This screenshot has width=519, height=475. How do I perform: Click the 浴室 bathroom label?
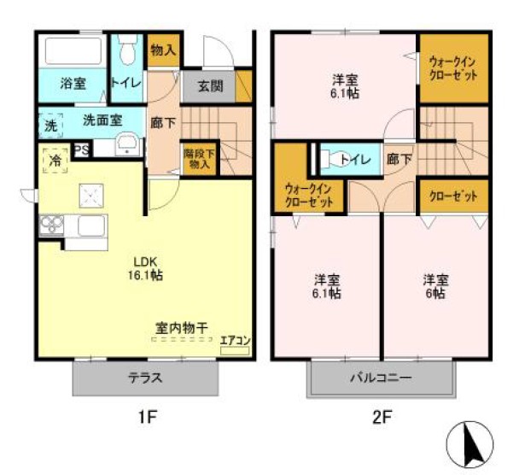tap(73, 84)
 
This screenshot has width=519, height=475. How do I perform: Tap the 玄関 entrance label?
tap(210, 85)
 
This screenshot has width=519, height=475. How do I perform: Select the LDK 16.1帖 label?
tap(147, 268)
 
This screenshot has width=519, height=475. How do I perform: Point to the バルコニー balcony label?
tap(381, 378)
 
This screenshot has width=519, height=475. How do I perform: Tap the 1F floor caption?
tap(148, 419)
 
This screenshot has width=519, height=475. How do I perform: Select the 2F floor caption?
tap(380, 419)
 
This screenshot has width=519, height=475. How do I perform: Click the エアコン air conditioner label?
tap(235, 340)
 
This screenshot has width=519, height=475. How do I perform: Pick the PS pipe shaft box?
tap(82, 150)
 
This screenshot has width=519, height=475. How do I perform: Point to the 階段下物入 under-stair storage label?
tap(199, 160)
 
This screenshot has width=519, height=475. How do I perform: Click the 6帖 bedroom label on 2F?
tap(435, 286)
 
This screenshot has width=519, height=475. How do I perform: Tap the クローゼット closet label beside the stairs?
tap(452, 196)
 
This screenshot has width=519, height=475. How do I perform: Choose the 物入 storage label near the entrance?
tap(163, 50)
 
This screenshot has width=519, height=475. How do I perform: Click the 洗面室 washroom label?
tap(102, 120)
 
